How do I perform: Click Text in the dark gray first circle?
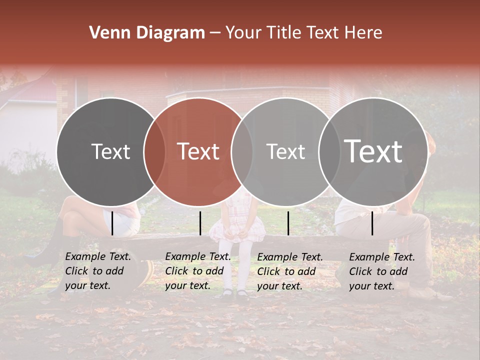[x=110, y=152]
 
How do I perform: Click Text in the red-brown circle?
[x=198, y=152]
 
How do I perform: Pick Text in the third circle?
[x=285, y=152]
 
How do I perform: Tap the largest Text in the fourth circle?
[x=373, y=151]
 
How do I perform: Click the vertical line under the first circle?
[x=112, y=223]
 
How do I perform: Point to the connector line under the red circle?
[x=200, y=223]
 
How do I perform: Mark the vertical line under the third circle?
[x=288, y=223]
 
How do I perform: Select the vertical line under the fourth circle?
[x=372, y=223]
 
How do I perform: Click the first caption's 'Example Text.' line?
[x=98, y=256]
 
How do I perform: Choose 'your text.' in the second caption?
[x=187, y=285]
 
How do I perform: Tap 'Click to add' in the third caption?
[x=286, y=271]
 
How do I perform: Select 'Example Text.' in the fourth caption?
[x=382, y=257]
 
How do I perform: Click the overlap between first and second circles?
[x=154, y=152]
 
